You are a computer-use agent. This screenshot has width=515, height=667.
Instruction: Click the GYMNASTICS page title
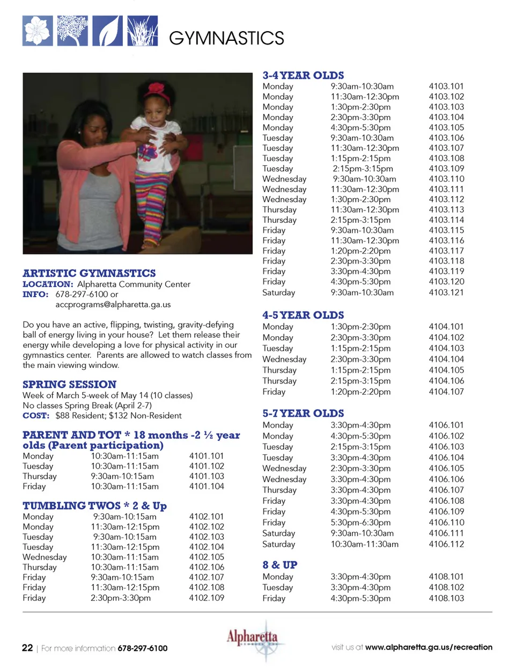[226, 38]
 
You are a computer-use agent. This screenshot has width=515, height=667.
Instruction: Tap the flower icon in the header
[38, 31]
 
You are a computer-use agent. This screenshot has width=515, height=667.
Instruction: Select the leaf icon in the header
[107, 31]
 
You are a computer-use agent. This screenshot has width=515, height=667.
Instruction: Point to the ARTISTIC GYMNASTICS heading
[89, 273]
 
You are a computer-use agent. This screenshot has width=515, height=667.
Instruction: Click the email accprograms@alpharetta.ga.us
[113, 305]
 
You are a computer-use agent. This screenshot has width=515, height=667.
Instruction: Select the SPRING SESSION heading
[69, 385]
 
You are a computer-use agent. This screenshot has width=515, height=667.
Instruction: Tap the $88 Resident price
[79, 416]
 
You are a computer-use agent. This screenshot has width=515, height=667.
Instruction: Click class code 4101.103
[207, 476]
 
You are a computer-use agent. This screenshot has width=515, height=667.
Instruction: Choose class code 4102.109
[207, 598]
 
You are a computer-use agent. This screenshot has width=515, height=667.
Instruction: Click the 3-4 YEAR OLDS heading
[303, 76]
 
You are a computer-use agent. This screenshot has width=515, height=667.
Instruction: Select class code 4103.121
[446, 293]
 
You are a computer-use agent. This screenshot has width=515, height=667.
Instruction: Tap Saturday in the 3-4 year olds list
[278, 293]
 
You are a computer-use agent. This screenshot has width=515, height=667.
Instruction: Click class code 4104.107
[446, 392]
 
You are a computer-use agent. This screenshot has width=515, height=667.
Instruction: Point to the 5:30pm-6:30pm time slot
[360, 523]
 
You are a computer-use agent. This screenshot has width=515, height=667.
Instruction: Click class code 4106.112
[446, 544]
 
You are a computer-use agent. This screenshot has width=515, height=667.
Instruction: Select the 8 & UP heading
[279, 565]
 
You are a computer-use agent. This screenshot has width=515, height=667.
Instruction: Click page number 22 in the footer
[27, 648]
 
